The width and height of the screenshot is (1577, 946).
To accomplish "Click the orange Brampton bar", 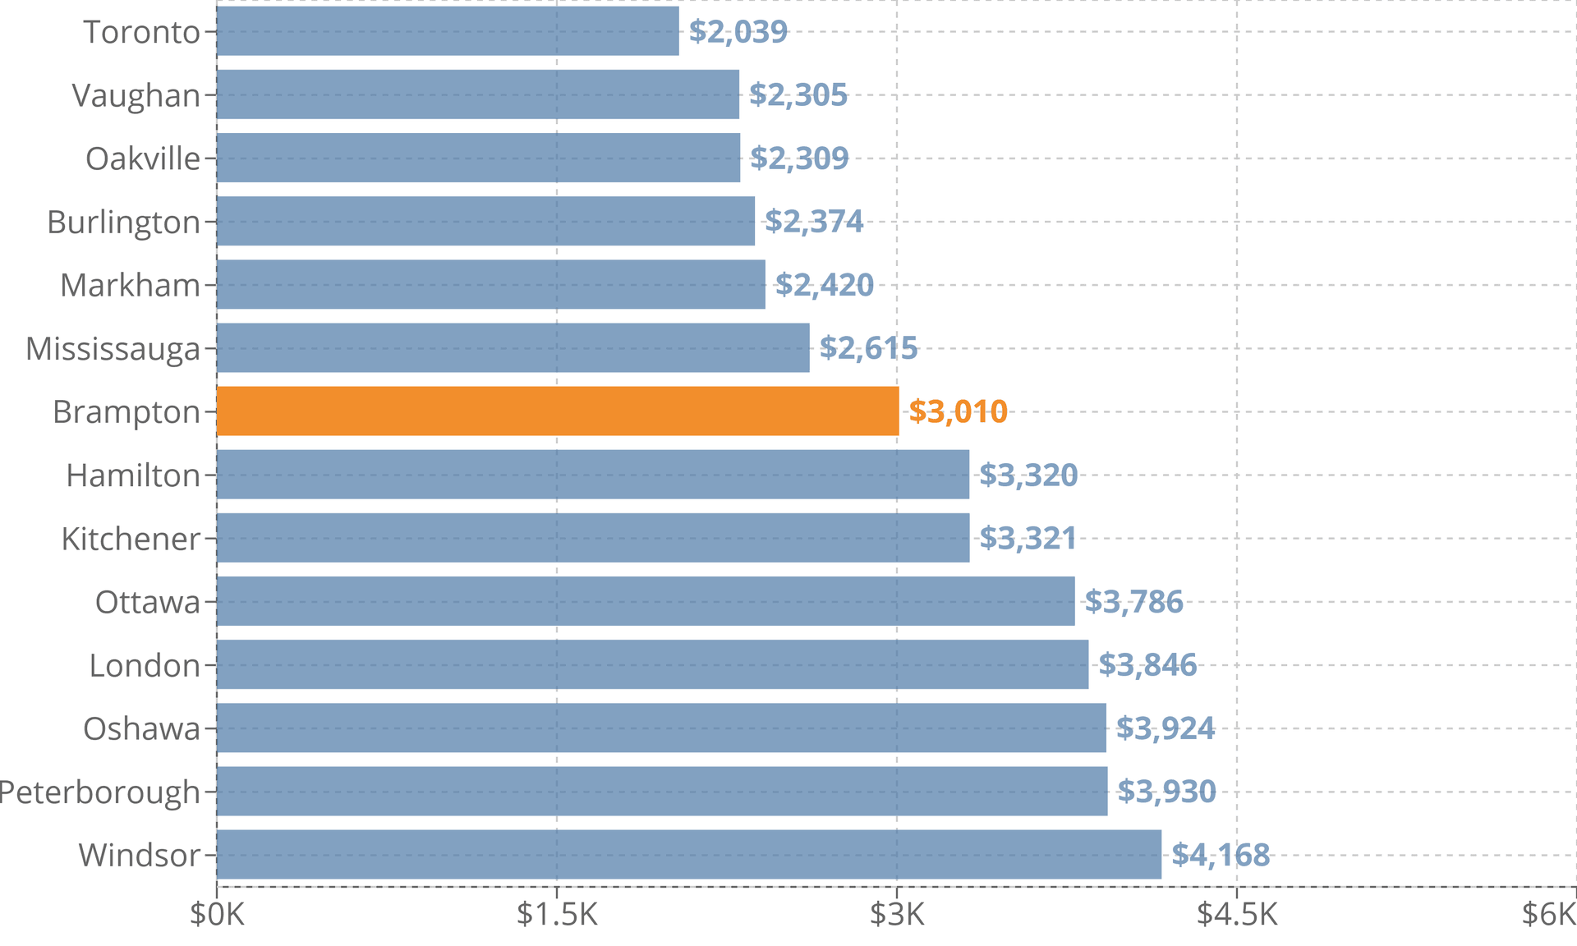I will (x=558, y=411).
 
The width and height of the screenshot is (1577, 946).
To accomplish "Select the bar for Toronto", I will (x=448, y=31).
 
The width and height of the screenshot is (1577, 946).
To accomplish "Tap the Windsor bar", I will (x=689, y=854).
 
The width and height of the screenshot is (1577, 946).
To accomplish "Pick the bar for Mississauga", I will (x=513, y=347).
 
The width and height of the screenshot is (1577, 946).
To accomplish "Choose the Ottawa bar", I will (x=646, y=601).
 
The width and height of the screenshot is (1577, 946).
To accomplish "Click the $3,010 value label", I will (x=958, y=411).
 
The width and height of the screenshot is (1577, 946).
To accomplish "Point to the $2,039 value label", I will (x=738, y=32).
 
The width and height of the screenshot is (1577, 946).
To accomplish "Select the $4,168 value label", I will (x=1221, y=855).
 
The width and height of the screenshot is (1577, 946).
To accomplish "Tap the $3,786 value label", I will (x=1133, y=602).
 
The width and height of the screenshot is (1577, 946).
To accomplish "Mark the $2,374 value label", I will (x=814, y=222).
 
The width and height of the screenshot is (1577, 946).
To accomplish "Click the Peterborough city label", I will (x=99, y=792).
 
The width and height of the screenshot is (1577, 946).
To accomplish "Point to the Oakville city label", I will (x=143, y=158).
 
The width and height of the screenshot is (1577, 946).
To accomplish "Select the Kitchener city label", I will (x=131, y=539).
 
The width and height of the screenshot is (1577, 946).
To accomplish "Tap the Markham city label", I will (x=130, y=285).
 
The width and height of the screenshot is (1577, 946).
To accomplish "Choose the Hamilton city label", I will (x=133, y=475).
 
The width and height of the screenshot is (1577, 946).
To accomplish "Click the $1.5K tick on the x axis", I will (x=557, y=914).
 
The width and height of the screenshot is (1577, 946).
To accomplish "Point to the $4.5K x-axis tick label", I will (x=1237, y=914).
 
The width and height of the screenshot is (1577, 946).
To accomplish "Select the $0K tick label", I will (x=217, y=914).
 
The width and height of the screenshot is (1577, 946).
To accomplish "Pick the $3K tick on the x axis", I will (x=897, y=914).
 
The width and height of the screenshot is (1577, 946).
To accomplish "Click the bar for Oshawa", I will (x=661, y=728).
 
